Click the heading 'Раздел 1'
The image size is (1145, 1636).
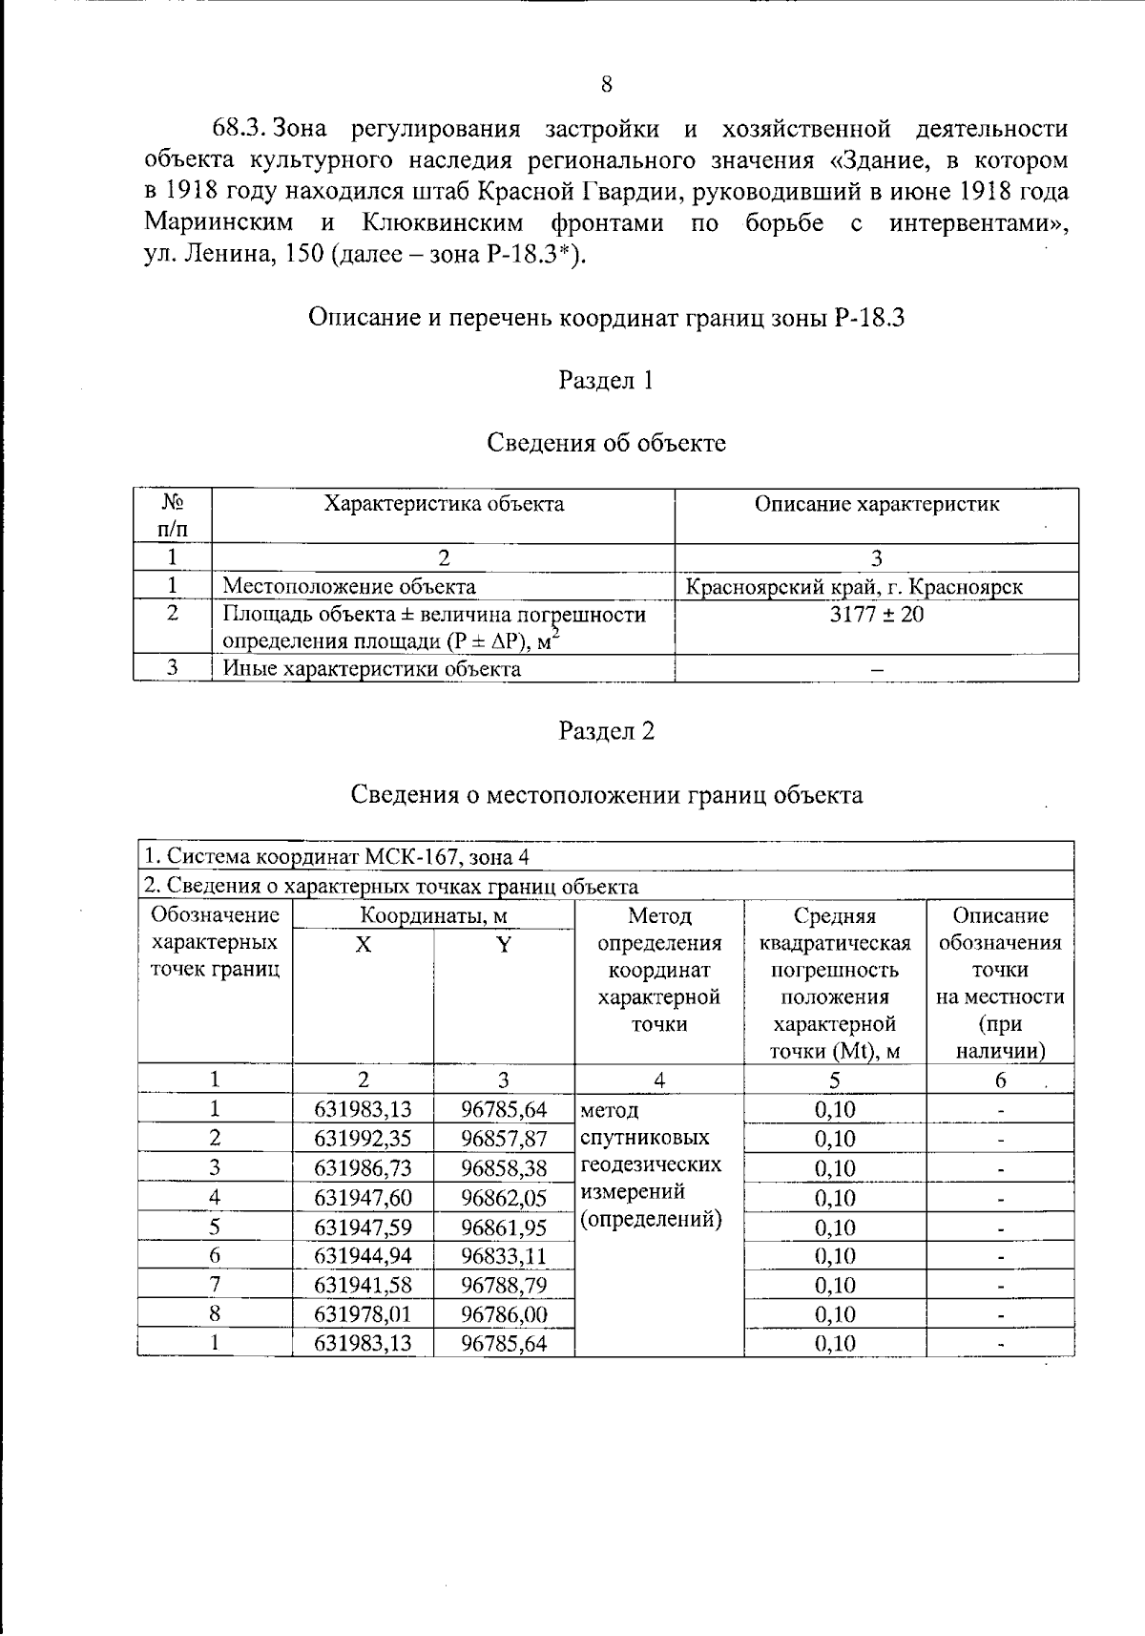click(x=606, y=380)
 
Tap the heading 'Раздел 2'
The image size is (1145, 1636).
click(x=606, y=731)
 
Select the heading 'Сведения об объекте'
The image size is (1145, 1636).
click(x=606, y=443)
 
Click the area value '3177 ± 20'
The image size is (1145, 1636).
click(x=876, y=615)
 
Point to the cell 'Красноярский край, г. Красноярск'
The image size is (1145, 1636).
click(x=854, y=586)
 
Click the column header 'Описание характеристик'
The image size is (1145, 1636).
click(x=876, y=504)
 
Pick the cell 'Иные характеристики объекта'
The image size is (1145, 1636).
click(x=372, y=668)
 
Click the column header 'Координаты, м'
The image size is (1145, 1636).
click(x=433, y=916)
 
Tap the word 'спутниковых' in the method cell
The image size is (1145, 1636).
click(x=644, y=1138)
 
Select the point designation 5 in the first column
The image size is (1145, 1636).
click(x=215, y=1227)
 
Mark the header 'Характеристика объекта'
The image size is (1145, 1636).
click(x=444, y=504)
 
